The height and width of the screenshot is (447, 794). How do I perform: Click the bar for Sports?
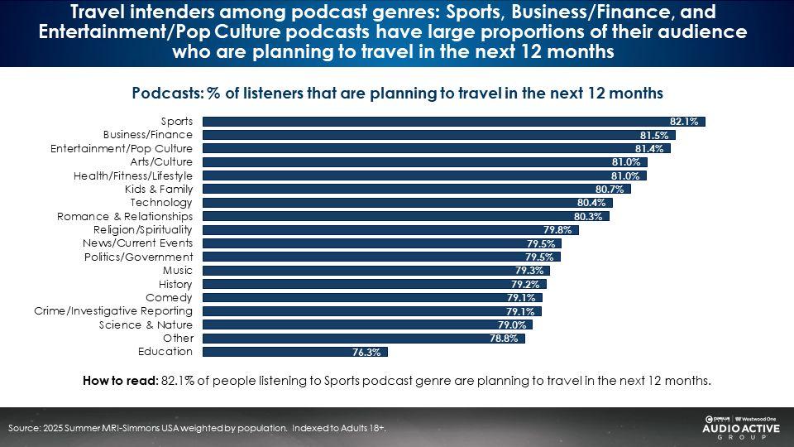453,122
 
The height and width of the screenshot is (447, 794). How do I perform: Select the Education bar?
294,352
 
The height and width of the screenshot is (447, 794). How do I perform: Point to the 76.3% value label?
366,352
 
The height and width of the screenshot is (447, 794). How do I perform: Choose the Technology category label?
161,202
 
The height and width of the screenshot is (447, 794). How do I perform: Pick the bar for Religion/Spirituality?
390,229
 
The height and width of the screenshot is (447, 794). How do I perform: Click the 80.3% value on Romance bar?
590,216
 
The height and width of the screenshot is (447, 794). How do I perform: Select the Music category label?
178,270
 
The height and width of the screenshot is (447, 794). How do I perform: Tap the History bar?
374,284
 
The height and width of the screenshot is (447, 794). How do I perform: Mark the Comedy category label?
169,297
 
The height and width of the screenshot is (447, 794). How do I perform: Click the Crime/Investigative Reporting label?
113,310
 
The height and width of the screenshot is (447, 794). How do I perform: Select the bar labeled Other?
363,338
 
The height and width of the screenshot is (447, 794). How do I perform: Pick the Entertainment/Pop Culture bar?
436,148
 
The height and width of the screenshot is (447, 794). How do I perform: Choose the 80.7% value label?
611,189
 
